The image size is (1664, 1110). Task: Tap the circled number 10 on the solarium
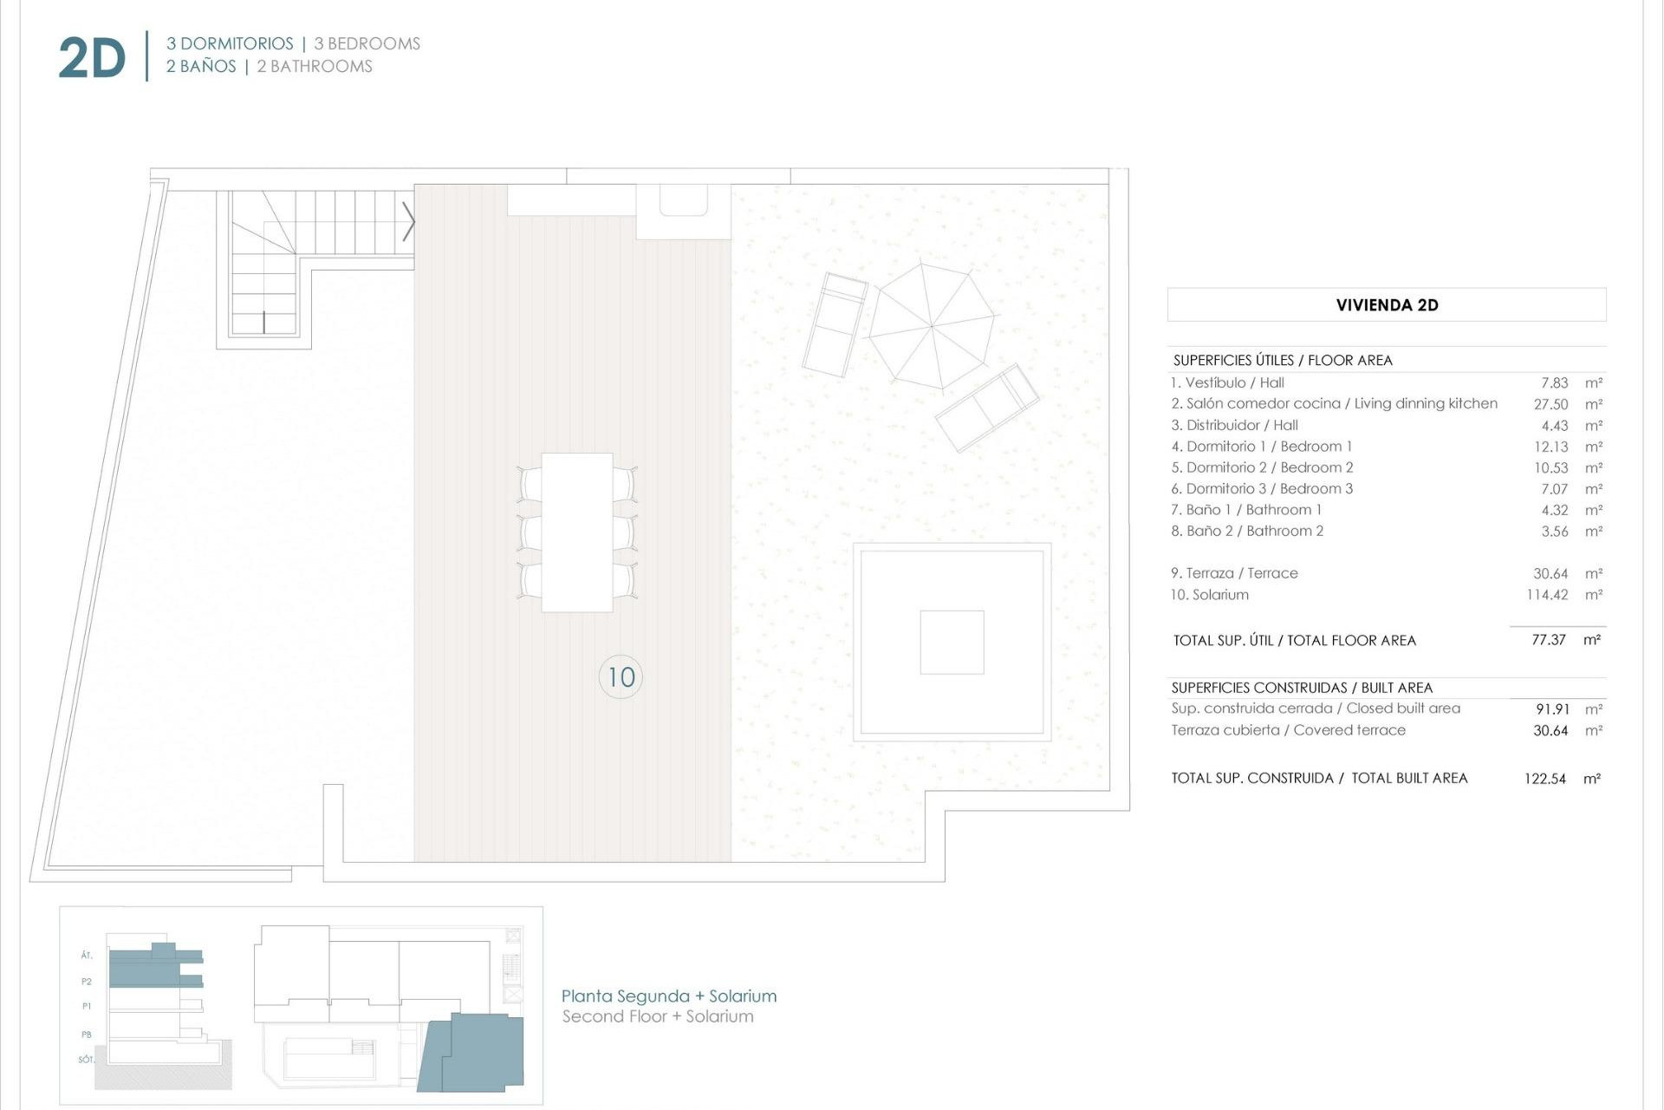click(621, 677)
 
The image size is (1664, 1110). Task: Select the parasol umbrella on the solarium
click(932, 327)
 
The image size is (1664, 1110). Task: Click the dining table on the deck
click(577, 532)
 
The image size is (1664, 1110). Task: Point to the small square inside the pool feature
click(952, 643)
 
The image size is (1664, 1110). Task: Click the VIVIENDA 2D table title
click(1387, 305)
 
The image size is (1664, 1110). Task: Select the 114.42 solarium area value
click(1547, 595)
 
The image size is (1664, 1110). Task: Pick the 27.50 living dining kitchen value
click(1550, 404)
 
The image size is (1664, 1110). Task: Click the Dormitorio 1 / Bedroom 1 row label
click(1261, 447)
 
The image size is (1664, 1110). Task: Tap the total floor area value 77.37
click(1548, 640)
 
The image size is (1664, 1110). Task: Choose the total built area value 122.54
click(1545, 779)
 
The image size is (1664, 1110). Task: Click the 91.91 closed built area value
click(1551, 709)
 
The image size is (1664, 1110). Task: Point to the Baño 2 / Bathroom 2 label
click(1247, 531)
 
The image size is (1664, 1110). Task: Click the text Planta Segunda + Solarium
click(669, 996)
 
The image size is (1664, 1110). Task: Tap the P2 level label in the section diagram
click(87, 982)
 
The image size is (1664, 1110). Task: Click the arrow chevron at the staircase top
click(408, 222)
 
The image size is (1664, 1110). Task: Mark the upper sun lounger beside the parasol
click(835, 324)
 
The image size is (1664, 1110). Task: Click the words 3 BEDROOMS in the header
click(367, 43)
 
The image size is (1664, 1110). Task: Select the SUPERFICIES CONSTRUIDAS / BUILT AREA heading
click(1302, 688)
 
